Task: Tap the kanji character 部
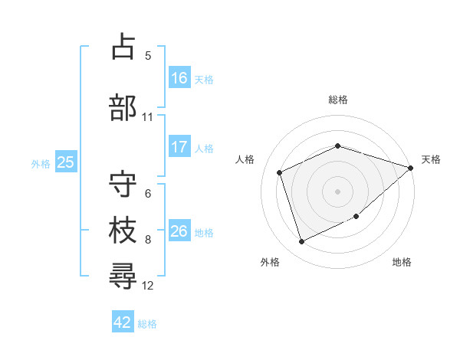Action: point(123,106)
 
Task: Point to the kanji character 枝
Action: point(123,230)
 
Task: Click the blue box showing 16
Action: point(179,77)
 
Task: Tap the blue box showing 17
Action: point(179,147)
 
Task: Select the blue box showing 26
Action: point(179,231)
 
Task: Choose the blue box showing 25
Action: point(66,162)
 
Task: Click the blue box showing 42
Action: point(123,322)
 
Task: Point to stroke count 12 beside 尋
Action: point(148,286)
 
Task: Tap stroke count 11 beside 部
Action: point(147,117)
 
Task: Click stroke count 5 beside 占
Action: point(148,55)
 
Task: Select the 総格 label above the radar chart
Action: point(338,100)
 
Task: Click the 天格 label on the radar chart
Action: point(431,159)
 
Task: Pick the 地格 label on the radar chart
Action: point(402,262)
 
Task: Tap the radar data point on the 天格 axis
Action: point(410,168)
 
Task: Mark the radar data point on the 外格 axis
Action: point(302,242)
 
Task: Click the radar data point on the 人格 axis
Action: point(281,172)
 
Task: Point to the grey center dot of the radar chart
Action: point(338,191)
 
